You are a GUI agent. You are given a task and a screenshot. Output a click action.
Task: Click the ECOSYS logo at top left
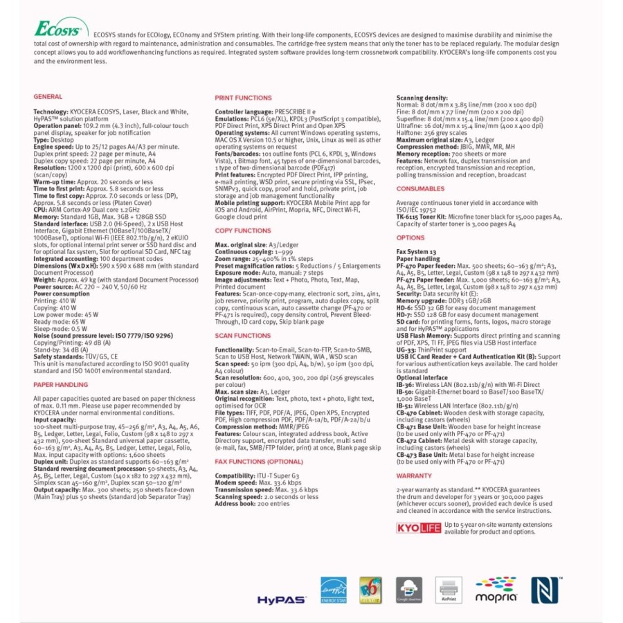point(61,30)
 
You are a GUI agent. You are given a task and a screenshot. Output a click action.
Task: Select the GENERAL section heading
point(48,97)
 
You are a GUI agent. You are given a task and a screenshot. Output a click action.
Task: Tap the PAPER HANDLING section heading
point(60,384)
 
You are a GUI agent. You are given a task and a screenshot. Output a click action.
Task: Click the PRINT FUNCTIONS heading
point(243,98)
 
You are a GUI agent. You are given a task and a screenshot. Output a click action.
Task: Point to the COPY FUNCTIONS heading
point(242,231)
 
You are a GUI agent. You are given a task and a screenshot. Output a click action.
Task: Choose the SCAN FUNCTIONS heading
point(242,335)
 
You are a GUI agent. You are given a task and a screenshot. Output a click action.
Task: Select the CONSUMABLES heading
point(420,188)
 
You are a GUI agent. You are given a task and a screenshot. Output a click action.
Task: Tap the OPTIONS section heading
point(410,238)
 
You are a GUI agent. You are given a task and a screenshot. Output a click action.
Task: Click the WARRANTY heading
point(414,476)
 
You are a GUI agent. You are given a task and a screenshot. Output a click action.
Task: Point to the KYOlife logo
point(418,527)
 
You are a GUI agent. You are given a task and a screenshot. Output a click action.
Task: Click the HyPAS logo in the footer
point(281,599)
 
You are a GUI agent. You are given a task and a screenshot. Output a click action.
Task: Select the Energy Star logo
point(333,590)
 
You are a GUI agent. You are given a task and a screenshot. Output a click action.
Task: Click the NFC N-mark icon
point(542,590)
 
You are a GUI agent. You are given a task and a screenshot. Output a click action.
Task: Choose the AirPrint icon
point(448,590)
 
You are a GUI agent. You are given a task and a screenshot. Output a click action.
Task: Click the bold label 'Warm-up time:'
point(52,182)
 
